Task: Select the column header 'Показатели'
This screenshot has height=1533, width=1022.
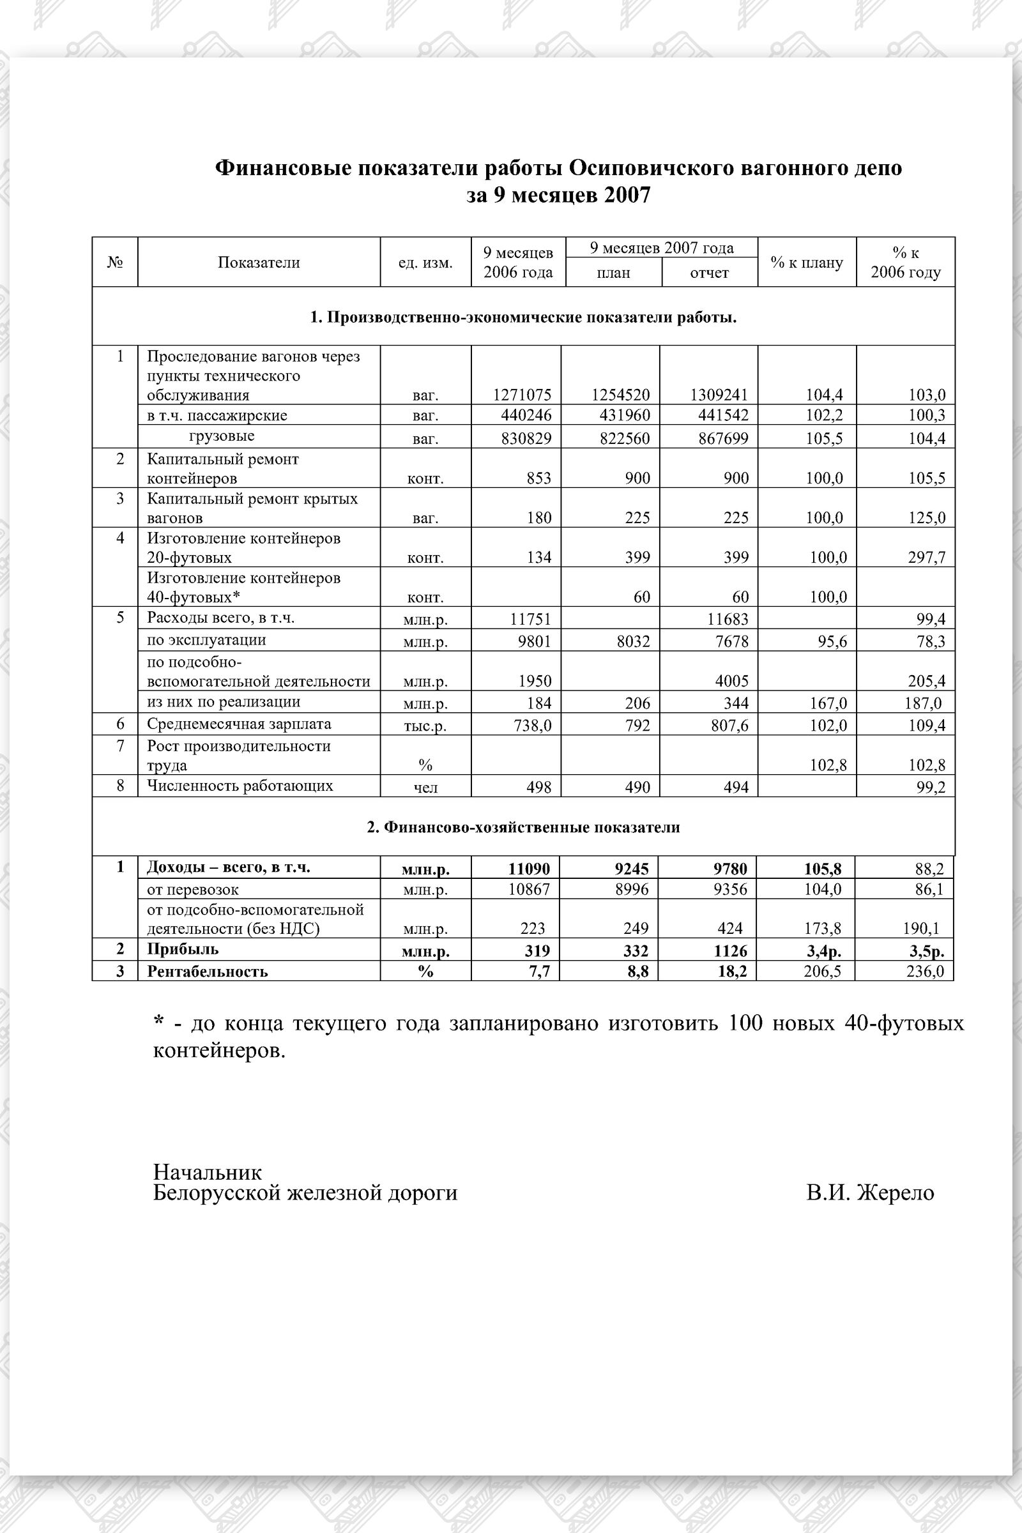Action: tap(259, 263)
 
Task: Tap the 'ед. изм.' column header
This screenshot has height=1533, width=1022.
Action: tap(425, 263)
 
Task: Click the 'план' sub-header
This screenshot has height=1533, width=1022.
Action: tap(613, 273)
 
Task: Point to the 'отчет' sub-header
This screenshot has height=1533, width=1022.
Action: tap(709, 273)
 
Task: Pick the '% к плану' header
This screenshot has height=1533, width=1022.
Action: tap(806, 263)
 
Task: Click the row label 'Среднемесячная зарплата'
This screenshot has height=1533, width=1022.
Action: tap(238, 724)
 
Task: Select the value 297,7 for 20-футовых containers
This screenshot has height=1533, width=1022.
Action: tap(926, 557)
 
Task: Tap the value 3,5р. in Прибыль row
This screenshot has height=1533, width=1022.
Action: tap(926, 951)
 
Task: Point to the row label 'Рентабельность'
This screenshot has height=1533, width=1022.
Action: tap(207, 971)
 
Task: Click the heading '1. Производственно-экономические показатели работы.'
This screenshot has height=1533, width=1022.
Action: tap(523, 317)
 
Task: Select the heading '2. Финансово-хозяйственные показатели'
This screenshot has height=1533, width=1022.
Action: tap(523, 827)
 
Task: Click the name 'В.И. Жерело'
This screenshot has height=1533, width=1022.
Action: tap(869, 1193)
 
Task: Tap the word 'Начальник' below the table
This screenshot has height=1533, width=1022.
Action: tap(207, 1172)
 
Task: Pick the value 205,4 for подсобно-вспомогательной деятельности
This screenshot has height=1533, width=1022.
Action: tap(926, 681)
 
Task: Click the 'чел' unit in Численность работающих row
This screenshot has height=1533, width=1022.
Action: tap(425, 788)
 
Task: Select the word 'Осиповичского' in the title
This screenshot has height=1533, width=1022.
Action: tap(652, 168)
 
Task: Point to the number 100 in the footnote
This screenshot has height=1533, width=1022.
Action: tap(745, 1023)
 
